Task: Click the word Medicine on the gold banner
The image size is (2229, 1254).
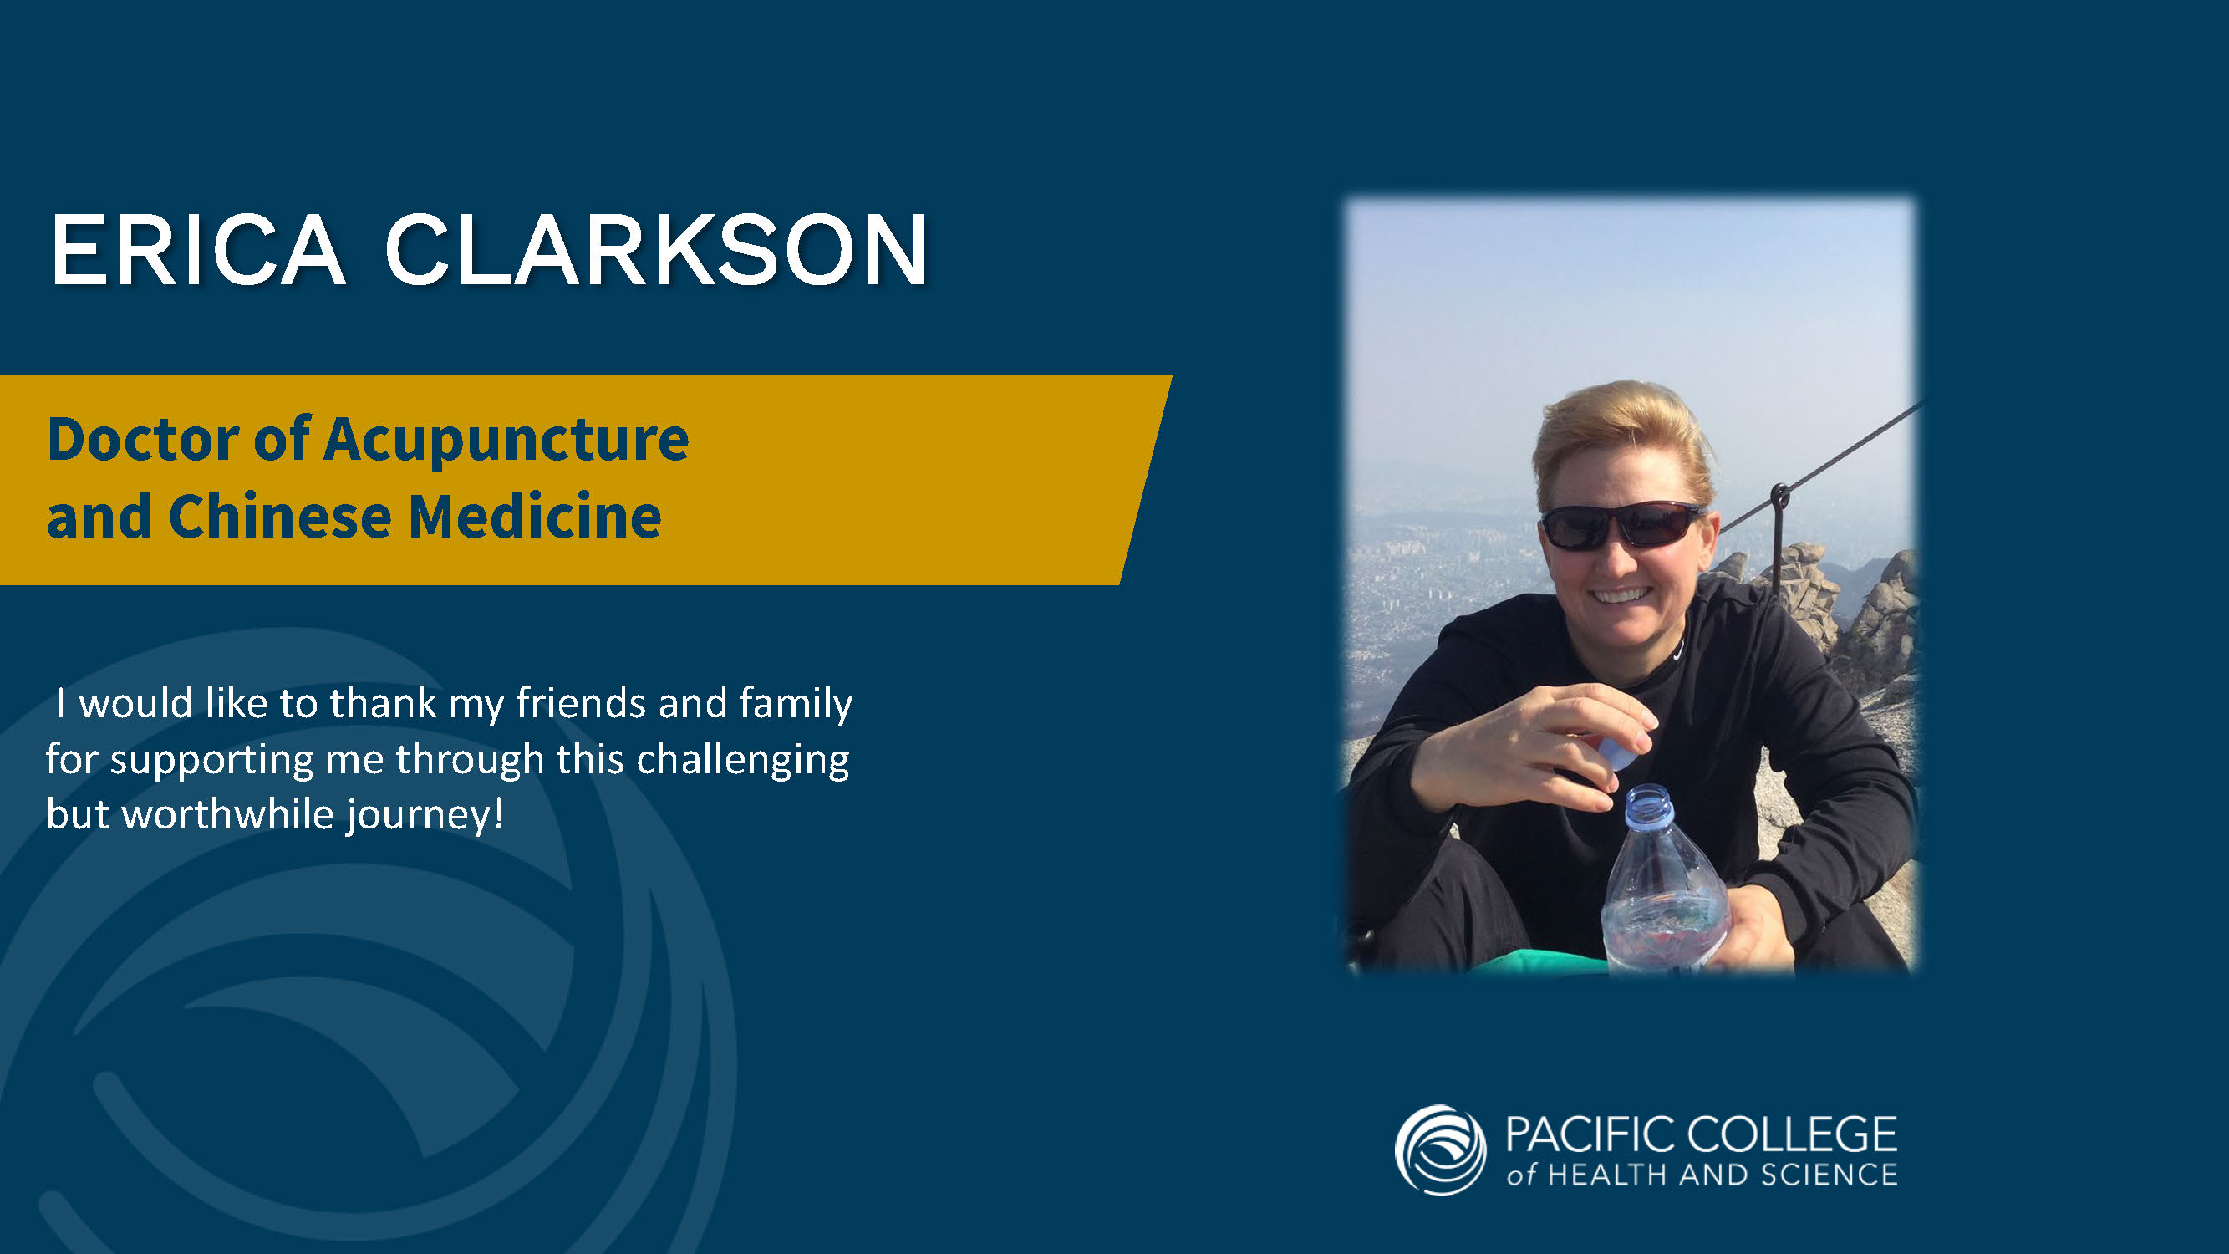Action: (535, 516)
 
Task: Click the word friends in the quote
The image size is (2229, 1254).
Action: (581, 702)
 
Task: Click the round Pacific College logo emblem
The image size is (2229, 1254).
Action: (1441, 1150)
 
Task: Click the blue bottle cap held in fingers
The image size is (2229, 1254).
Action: (1616, 748)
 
